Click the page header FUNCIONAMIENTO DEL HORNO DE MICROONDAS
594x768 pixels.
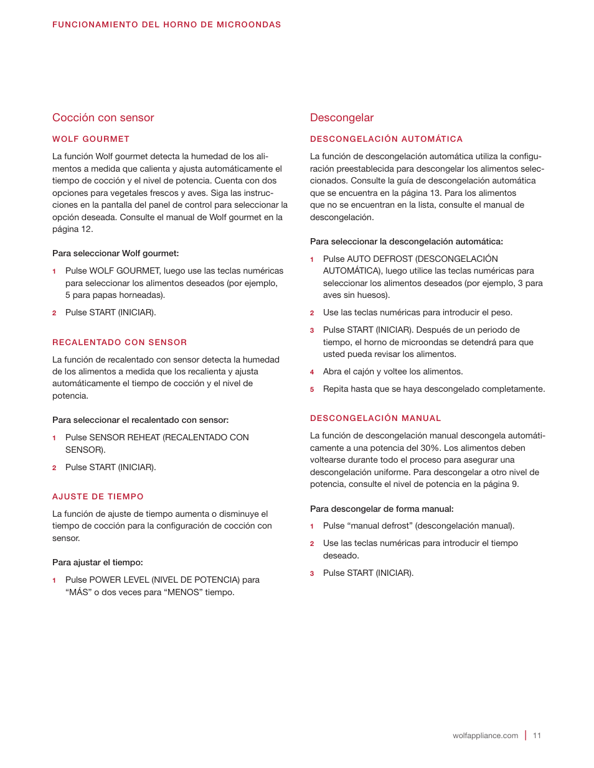pyautogui.click(x=166, y=25)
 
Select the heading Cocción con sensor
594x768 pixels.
pyautogui.click(x=103, y=118)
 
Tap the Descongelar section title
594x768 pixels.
pyautogui.click(x=342, y=118)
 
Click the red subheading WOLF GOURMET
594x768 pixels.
pyautogui.click(x=91, y=139)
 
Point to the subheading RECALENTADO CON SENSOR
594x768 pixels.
pyautogui.click(x=120, y=343)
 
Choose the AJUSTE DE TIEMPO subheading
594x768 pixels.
pyautogui.click(x=98, y=497)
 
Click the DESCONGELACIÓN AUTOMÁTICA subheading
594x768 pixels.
pyautogui.click(x=386, y=139)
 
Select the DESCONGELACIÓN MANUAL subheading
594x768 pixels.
pyautogui.click(x=375, y=419)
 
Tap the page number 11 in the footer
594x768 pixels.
pyautogui.click(x=537, y=736)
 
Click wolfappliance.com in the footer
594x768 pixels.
pyautogui.click(x=485, y=736)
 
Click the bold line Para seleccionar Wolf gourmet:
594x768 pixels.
pyautogui.click(x=115, y=254)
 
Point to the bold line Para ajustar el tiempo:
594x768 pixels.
pyautogui.click(x=97, y=563)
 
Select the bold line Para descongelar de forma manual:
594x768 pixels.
pyautogui.click(x=382, y=509)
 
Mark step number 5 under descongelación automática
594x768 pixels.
pyautogui.click(x=312, y=390)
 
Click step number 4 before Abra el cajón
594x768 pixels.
pyautogui.click(x=312, y=372)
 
